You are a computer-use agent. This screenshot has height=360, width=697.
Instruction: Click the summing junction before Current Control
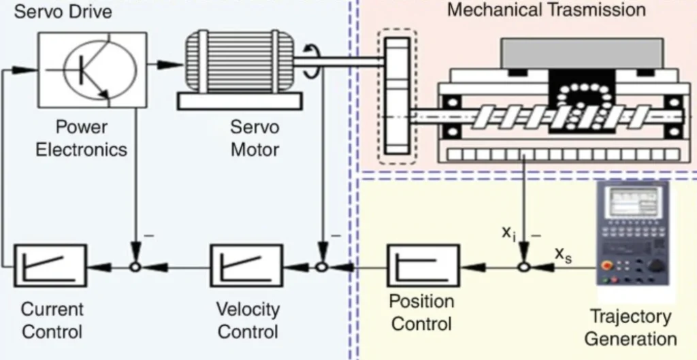coord(135,267)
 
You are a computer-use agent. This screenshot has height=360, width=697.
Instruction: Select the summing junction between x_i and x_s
coord(523,267)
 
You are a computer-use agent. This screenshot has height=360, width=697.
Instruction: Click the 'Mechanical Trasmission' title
coord(546,10)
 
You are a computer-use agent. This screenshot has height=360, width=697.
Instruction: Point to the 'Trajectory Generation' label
coord(630,327)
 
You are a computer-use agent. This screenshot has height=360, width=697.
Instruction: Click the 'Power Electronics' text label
coord(81,138)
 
